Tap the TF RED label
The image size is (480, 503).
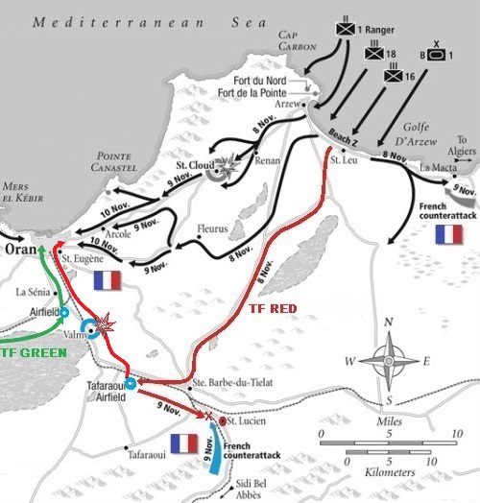click(272, 309)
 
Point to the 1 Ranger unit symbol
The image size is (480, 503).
click(345, 29)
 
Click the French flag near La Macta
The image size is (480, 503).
click(448, 234)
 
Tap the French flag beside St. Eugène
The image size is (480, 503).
click(108, 279)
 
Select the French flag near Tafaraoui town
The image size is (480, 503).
click(182, 443)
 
